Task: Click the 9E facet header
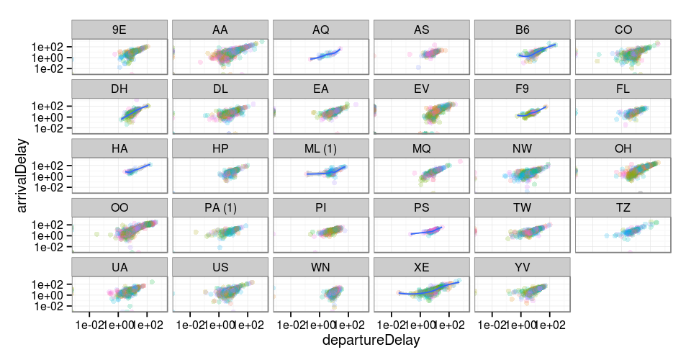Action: (119, 30)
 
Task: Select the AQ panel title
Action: (321, 30)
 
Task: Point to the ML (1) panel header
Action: (321, 149)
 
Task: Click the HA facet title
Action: (119, 149)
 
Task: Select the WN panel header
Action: (321, 268)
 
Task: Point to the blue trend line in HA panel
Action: (138, 169)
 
